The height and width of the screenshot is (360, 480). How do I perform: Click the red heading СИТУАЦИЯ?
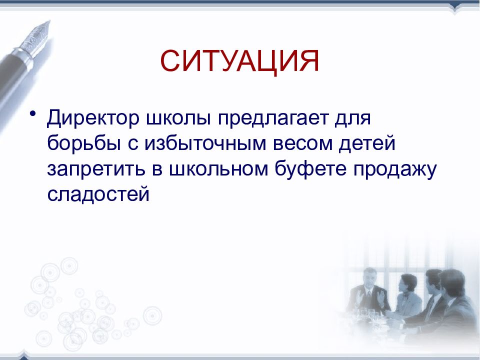pos(239,61)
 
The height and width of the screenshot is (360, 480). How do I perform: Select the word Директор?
pos(93,118)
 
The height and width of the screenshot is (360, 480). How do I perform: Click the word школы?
pos(179,118)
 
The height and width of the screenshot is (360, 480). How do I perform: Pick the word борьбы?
pos(84,143)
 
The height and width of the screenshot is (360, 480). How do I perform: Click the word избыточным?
pos(205,144)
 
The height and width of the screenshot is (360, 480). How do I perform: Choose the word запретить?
pos(96,169)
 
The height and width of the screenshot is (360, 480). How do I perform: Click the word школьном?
pos(218,169)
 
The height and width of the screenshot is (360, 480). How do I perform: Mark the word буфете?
pos(310,168)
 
